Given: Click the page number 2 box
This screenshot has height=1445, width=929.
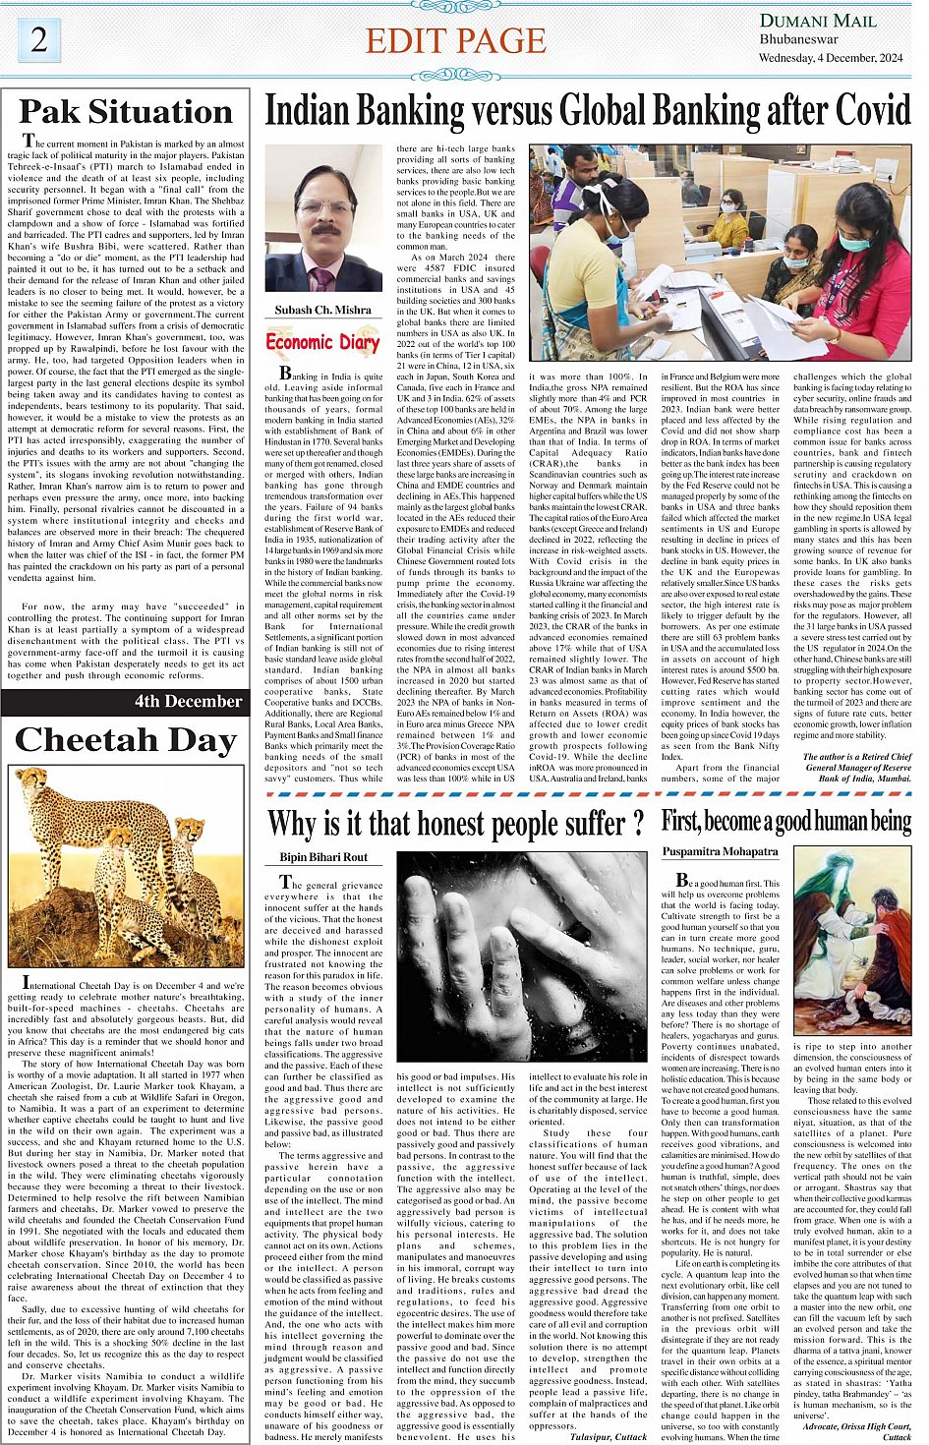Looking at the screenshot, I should tap(39, 40).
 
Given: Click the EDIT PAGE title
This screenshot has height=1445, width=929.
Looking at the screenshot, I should tap(455, 41).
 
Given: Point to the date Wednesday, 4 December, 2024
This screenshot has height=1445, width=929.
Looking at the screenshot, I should tap(831, 58).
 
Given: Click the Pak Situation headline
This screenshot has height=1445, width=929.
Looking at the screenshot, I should tap(126, 112).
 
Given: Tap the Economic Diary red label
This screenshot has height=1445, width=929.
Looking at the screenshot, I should tap(322, 342).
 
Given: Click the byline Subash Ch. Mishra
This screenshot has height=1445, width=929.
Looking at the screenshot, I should tap(322, 310).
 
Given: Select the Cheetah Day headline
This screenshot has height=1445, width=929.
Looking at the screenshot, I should tap(126, 740).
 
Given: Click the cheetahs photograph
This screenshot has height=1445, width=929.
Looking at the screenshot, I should tap(126, 866).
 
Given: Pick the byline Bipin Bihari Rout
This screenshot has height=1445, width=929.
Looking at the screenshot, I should tap(323, 857).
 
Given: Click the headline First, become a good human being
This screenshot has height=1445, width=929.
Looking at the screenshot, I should tap(785, 821).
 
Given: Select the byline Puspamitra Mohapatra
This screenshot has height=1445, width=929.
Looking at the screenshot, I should tap(721, 851).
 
